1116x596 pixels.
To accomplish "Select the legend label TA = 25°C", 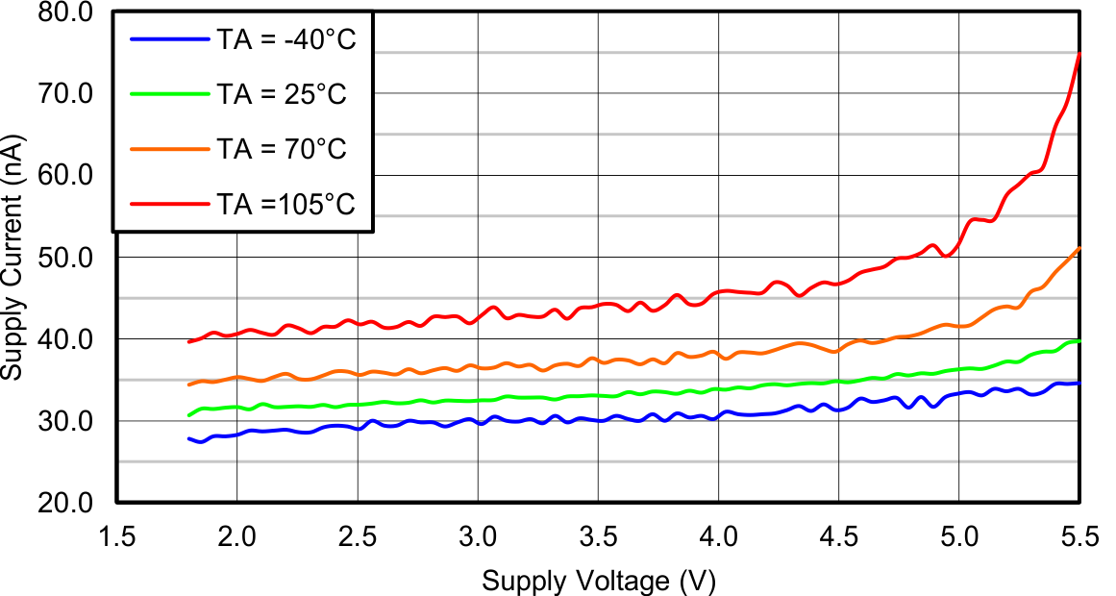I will [281, 94].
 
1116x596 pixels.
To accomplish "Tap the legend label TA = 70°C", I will [281, 149].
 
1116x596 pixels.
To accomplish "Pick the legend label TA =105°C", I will [285, 204].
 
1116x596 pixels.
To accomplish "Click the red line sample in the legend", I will [169, 204].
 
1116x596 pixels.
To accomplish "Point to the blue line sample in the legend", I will [169, 39].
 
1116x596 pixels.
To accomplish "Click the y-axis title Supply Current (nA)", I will [13, 258].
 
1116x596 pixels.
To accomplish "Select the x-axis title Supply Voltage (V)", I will [599, 581].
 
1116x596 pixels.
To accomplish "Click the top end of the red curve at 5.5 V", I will [1079, 53].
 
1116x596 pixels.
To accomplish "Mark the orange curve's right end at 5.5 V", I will [1079, 248].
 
